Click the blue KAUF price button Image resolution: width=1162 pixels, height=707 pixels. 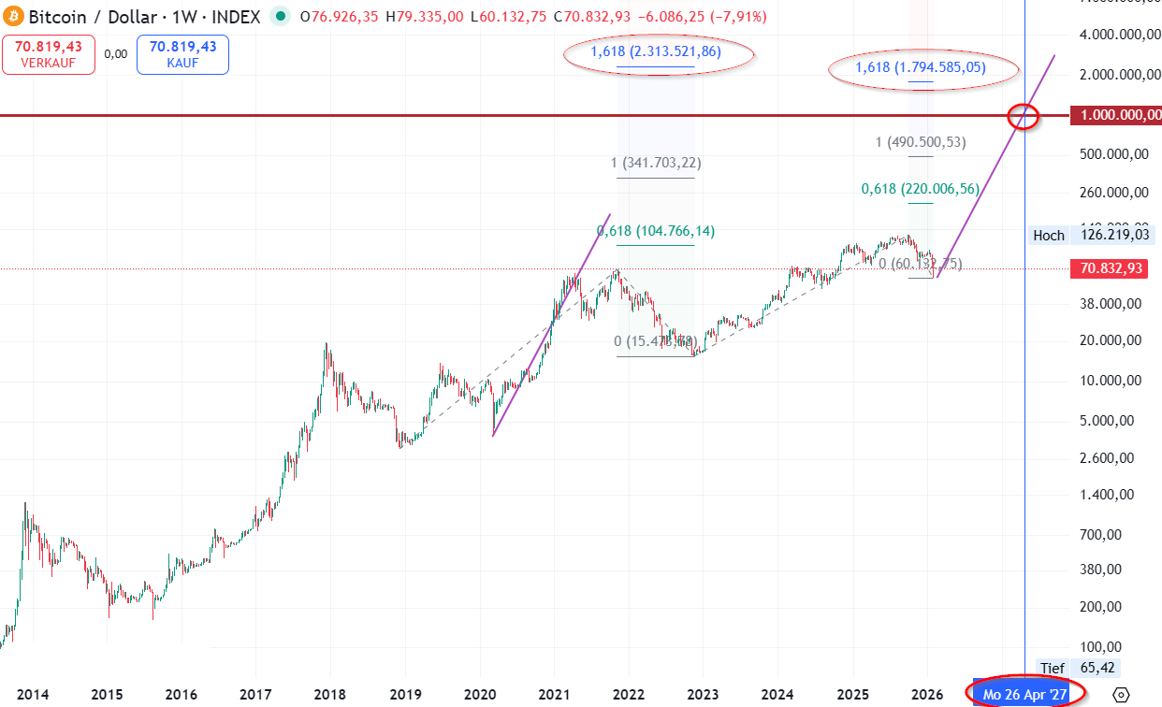tap(182, 54)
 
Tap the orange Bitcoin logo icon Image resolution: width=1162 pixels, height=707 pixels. tap(14, 16)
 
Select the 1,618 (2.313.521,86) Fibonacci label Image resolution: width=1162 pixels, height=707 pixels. tap(656, 52)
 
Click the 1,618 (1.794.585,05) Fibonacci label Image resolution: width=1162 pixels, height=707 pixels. tap(921, 67)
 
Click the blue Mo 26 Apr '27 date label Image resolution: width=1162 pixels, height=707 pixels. tap(1024, 694)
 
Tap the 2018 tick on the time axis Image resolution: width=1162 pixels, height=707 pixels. tap(330, 694)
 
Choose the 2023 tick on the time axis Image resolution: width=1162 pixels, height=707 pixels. tap(703, 694)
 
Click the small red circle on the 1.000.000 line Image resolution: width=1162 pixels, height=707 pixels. tap(1024, 116)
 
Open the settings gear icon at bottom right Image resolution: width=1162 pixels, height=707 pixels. tap(1121, 694)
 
